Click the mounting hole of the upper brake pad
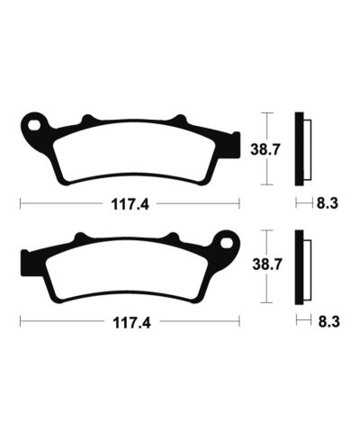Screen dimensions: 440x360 tap(33, 124)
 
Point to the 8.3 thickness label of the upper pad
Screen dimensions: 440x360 tap(327, 204)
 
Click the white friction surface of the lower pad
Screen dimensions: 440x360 tap(126, 270)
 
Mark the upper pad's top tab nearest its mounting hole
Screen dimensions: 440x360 tap(87, 120)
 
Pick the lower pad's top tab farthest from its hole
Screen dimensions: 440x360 tap(78, 238)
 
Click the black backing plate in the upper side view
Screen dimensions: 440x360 tap(300, 148)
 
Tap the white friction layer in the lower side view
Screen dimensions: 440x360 tap(308, 269)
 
